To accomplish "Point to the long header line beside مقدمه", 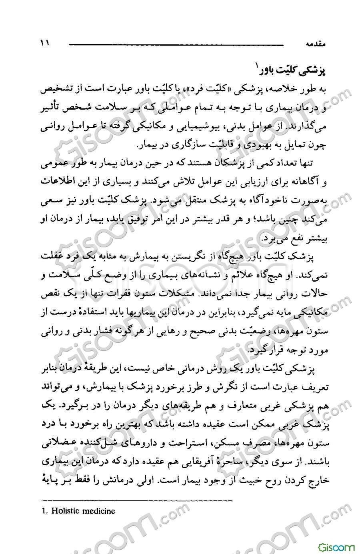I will (176, 44).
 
